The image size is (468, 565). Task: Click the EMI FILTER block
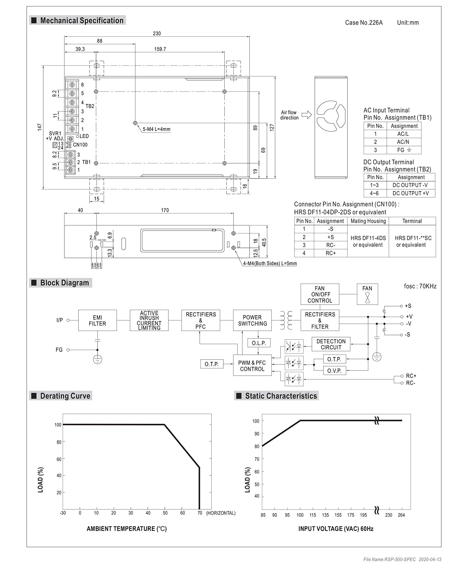[x=97, y=320]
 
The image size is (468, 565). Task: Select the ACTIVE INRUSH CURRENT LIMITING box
[x=149, y=320]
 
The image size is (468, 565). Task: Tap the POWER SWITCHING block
[x=252, y=320]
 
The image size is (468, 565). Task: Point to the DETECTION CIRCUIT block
[x=331, y=344]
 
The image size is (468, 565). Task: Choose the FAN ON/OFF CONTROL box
[x=320, y=294]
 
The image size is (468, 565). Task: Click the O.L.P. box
[x=259, y=343]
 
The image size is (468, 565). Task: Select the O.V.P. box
[x=334, y=371]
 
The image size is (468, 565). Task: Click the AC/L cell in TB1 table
[x=403, y=134]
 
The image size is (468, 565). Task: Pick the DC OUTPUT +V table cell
[x=410, y=193]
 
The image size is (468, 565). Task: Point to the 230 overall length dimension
[x=157, y=33]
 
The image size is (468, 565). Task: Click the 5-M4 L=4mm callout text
[x=156, y=129]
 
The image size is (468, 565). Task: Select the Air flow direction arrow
[x=306, y=115]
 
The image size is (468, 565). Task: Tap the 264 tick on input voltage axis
[x=401, y=515]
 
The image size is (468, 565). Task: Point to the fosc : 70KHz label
[x=420, y=286]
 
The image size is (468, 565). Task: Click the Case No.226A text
[x=364, y=23]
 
